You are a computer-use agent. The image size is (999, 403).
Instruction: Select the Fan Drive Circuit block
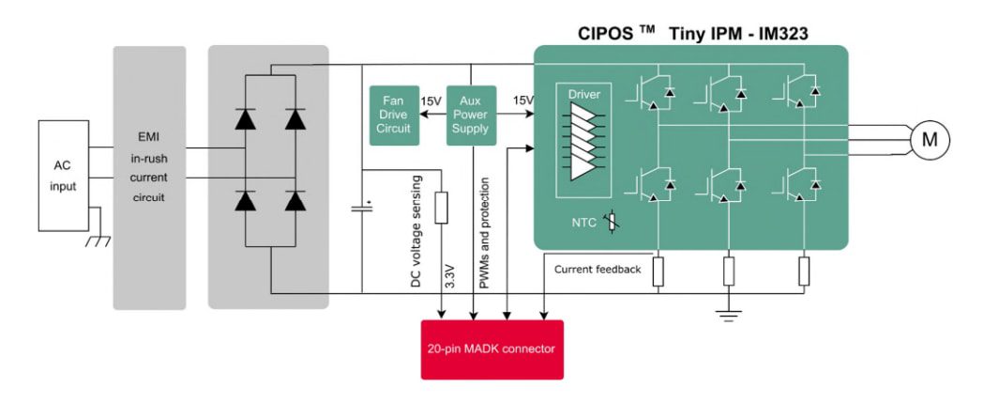[x=394, y=115]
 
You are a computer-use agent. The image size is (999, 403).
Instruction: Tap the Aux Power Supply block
[x=470, y=115]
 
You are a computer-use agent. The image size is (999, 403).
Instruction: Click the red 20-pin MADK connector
[x=492, y=349]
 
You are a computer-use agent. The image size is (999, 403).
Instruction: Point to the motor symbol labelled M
[x=929, y=140]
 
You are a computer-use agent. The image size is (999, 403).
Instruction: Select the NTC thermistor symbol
[x=612, y=224]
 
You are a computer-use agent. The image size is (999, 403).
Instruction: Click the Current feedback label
[x=598, y=270]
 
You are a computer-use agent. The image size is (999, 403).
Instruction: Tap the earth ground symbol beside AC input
[x=98, y=240]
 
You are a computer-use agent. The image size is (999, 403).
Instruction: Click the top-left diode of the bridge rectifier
[x=245, y=118]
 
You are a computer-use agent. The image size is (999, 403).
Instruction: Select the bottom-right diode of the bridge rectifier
[x=295, y=200]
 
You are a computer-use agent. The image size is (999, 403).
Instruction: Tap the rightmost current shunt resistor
[x=804, y=271]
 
